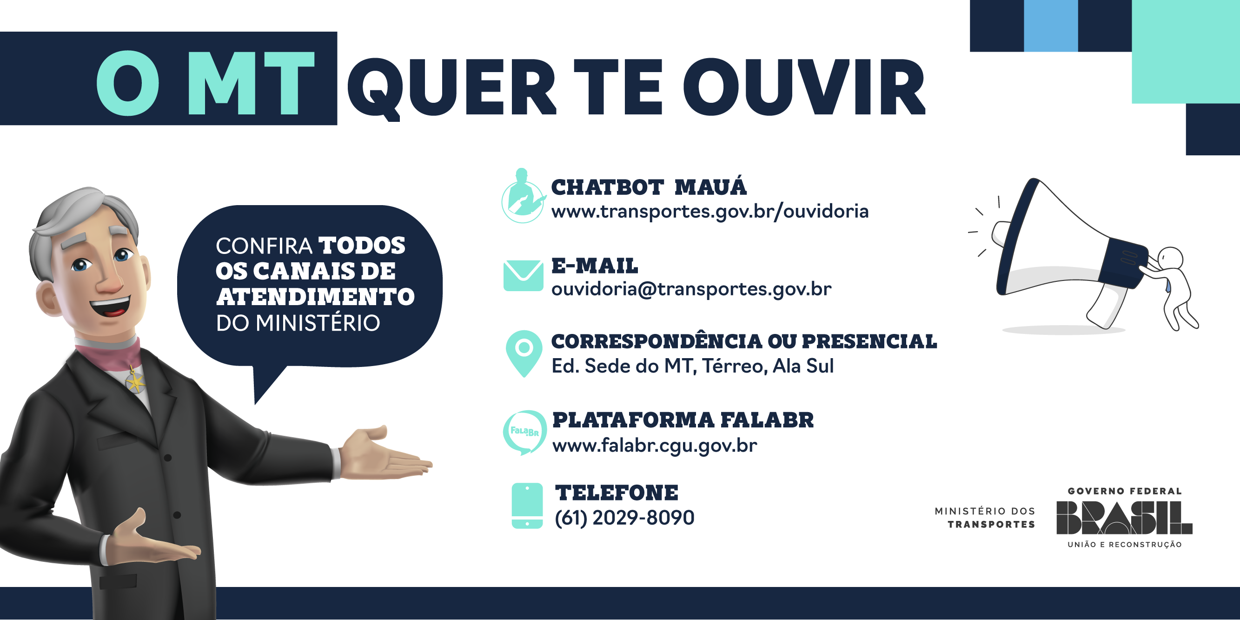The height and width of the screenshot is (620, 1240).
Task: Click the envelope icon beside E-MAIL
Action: click(x=523, y=276)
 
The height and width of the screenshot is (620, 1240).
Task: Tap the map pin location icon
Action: click(x=524, y=353)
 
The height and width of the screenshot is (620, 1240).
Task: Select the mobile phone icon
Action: click(x=527, y=506)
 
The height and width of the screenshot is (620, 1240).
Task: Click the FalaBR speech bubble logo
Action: click(x=524, y=432)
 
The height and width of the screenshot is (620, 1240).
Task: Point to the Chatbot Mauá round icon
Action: click(x=523, y=196)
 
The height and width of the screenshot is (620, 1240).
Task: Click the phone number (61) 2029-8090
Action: click(x=624, y=518)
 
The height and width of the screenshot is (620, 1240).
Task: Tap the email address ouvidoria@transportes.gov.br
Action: click(x=691, y=289)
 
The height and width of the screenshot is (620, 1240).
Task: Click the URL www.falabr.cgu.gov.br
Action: click(x=655, y=445)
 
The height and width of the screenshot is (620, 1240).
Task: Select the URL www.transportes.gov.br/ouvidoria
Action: click(x=710, y=211)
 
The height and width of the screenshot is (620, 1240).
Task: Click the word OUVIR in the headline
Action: click(x=804, y=87)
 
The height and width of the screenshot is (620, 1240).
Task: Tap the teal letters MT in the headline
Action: click(x=251, y=83)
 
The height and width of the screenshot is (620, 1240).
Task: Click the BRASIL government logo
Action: click(x=1125, y=518)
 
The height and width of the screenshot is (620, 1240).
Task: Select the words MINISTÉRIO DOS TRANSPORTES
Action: click(x=985, y=518)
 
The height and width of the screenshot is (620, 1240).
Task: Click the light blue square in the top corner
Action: click(x=1051, y=26)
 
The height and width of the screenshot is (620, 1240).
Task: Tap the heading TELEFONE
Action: click(x=617, y=493)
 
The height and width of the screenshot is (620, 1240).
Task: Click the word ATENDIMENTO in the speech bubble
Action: click(x=315, y=297)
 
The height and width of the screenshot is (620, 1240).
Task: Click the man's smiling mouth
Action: click(x=111, y=307)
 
